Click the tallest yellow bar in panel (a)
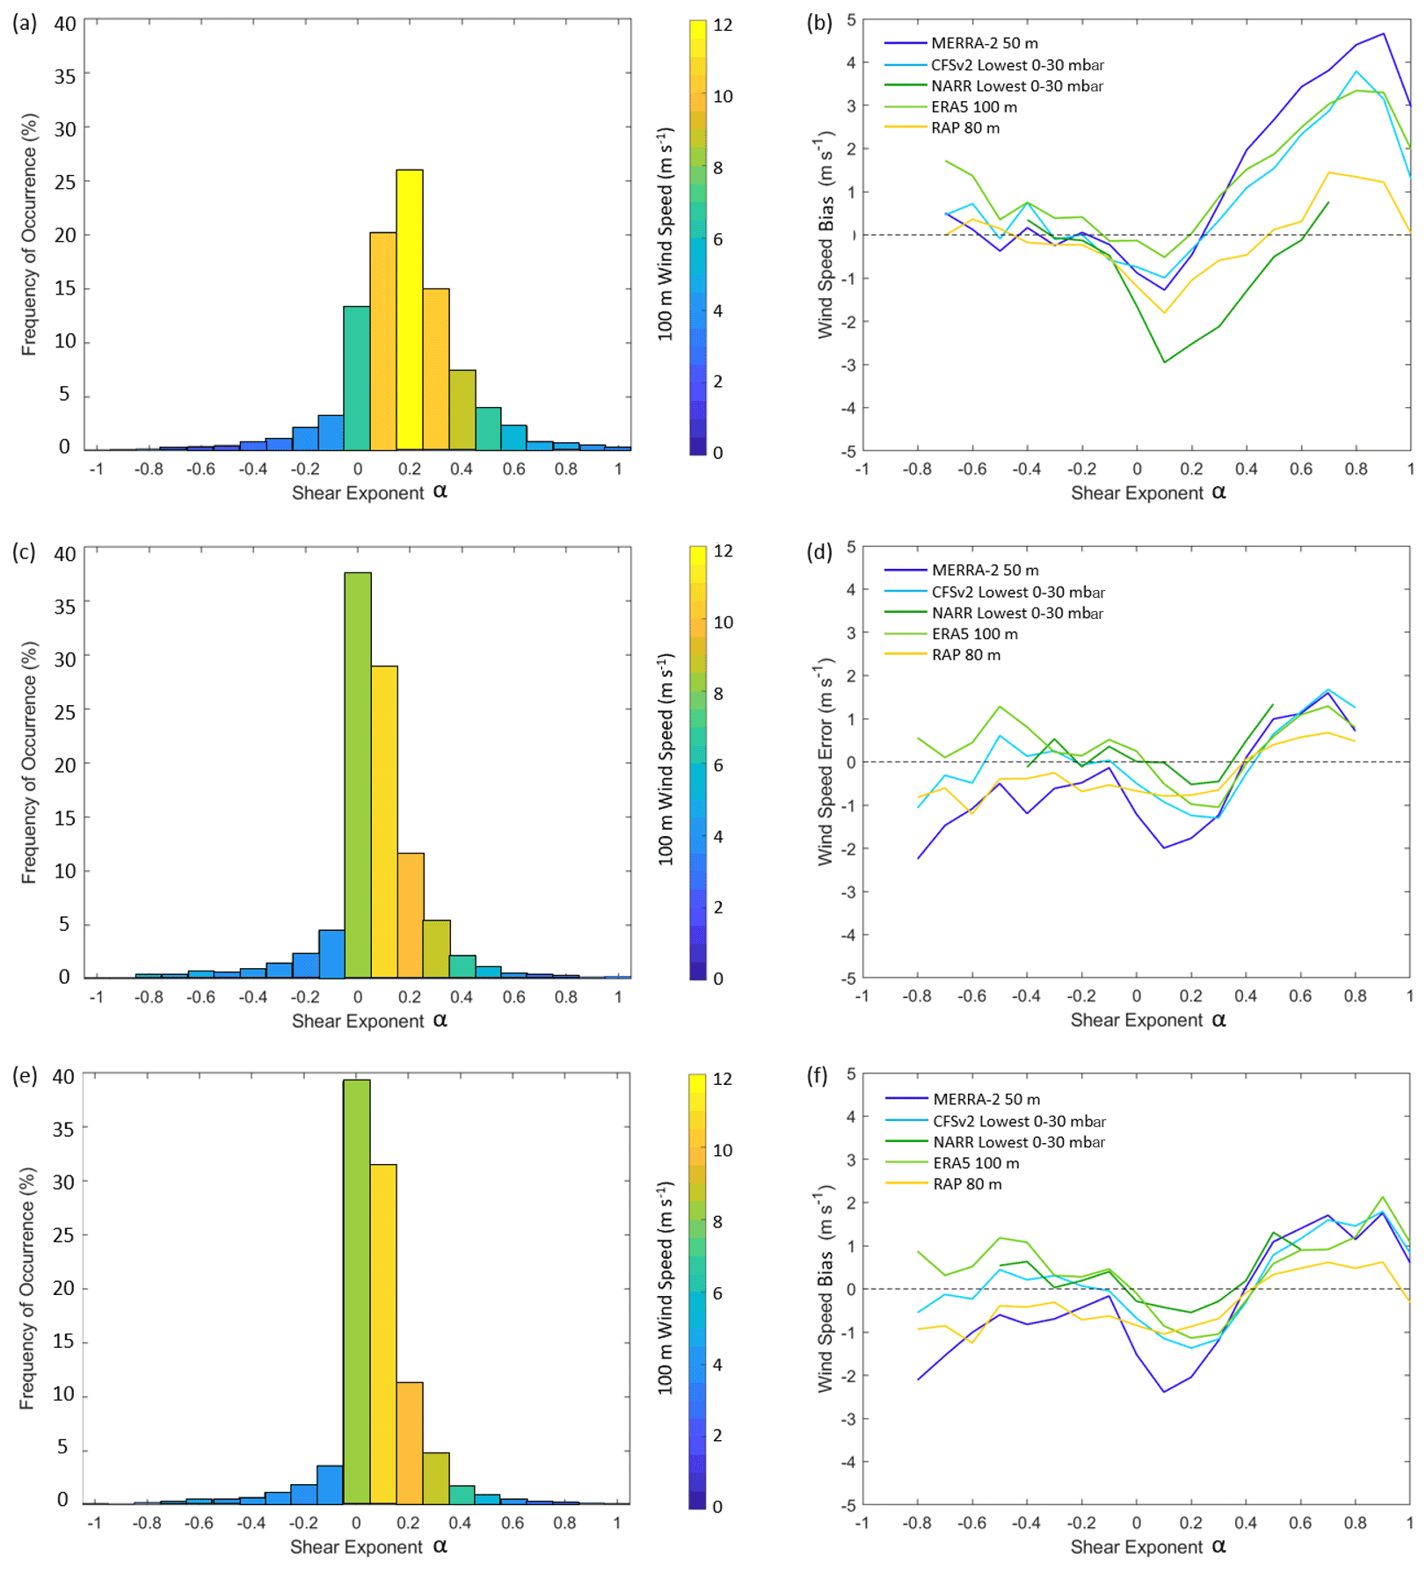(x=410, y=309)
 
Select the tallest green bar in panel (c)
(x=358, y=774)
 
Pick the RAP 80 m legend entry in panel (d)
(x=966, y=655)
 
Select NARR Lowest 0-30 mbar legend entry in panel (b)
(x=1016, y=86)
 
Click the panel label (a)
(x=25, y=23)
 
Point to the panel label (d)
(x=819, y=552)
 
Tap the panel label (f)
(x=818, y=1076)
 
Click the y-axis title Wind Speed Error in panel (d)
(x=825, y=761)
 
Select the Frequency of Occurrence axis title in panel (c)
(x=29, y=762)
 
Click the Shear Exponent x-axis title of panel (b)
(x=1147, y=493)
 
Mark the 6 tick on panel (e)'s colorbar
(x=718, y=1293)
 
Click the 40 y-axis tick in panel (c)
(x=65, y=554)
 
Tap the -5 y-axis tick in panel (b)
(x=848, y=452)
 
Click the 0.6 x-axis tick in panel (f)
(x=1300, y=1523)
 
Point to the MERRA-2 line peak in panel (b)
(x=1383, y=33)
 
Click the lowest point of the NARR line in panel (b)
(x=1164, y=362)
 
